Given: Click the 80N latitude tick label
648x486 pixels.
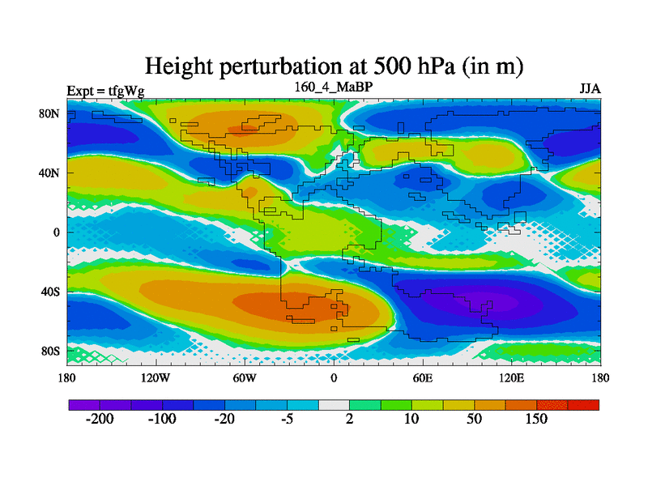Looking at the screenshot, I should click(51, 113).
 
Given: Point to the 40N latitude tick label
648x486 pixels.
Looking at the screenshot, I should click(51, 173).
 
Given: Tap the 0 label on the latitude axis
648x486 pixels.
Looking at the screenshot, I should click(58, 232).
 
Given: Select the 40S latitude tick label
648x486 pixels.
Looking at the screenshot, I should click(51, 292).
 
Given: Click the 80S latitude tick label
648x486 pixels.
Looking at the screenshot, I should click(51, 352).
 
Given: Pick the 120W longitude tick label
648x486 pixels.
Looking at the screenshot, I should click(155, 377).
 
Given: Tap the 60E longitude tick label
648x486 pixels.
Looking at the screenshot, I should click(422, 377).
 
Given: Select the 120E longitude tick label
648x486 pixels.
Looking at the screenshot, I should click(511, 377).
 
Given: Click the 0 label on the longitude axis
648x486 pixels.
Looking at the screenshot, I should click(334, 377).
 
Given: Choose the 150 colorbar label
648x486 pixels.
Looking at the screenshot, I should click(536, 420).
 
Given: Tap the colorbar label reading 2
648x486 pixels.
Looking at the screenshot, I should click(349, 420).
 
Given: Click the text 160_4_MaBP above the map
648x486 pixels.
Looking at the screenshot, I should click(333, 86).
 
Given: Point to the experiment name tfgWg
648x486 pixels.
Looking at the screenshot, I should click(126, 91).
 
